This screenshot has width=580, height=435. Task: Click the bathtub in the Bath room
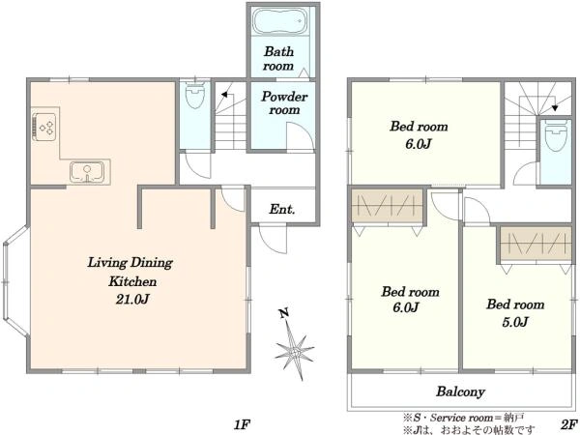280,21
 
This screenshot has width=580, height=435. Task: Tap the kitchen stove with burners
44,127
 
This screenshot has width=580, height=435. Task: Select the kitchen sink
87,172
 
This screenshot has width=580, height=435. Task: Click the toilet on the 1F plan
195,95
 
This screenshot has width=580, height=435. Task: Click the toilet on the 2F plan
556,137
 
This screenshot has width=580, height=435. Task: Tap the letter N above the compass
284,313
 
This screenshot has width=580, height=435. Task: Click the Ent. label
282,210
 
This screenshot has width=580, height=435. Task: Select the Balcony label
460,391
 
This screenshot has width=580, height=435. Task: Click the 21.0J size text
132,299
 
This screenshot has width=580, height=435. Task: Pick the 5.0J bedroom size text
515,322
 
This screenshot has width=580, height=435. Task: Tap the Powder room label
284,102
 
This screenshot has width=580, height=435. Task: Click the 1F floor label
243,424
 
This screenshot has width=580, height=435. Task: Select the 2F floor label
569,424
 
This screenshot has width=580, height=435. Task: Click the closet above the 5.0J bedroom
536,245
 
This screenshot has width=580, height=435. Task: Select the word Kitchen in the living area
132,281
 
